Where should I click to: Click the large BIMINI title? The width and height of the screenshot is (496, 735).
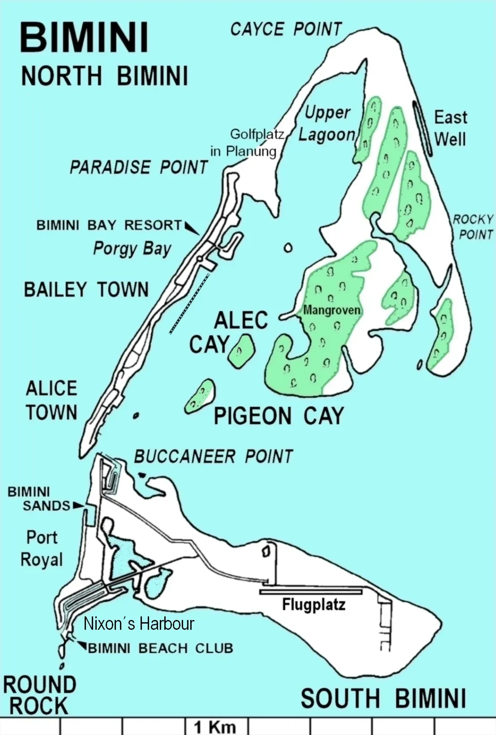pos(84,38)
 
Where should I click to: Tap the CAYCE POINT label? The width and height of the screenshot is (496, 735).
pos(286,30)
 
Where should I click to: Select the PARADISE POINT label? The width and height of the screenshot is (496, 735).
pos(139,167)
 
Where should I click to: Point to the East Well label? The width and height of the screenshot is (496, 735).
pos(450,128)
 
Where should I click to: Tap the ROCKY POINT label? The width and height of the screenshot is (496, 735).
pos(473,227)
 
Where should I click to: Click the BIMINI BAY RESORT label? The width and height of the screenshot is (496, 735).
pos(110,225)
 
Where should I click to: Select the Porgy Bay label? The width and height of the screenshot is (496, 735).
pos(132,248)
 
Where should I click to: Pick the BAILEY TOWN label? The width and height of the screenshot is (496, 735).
pos(86,290)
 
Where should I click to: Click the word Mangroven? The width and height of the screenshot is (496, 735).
pos(332,310)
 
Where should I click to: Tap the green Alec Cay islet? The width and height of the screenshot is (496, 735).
pos(241,350)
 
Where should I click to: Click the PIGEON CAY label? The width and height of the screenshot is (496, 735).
pos(278,416)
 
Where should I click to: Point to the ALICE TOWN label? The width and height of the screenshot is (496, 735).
pos(51,400)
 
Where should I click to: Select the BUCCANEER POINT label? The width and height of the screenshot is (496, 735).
pos(214,457)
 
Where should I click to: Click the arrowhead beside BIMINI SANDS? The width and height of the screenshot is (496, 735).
pos(78,505)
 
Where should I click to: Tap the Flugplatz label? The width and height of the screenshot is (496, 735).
pos(313,605)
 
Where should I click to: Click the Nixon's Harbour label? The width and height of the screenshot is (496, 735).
pos(139,624)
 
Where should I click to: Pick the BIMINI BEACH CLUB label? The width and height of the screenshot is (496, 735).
pos(161,648)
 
